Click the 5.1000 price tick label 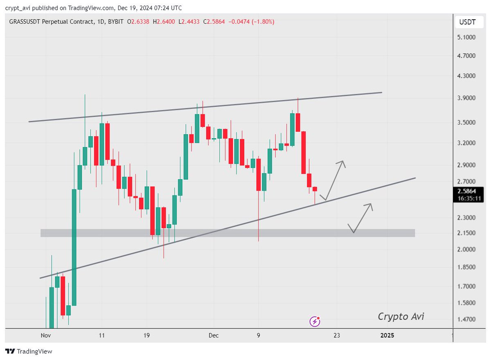point(467,37)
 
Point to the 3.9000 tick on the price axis point(467,98)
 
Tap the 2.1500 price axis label point(467,233)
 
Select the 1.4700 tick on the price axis point(467,319)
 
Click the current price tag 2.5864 point(466,191)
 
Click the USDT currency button point(467,22)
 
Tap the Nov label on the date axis point(45,335)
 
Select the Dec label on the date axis point(213,335)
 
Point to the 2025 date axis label point(387,335)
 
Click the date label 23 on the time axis point(336,335)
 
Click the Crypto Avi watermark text point(401,316)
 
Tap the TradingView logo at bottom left point(29,351)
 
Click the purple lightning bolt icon point(315,322)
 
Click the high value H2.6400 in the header point(164,21)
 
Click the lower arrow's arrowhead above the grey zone point(370,205)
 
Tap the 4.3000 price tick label point(467,76)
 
